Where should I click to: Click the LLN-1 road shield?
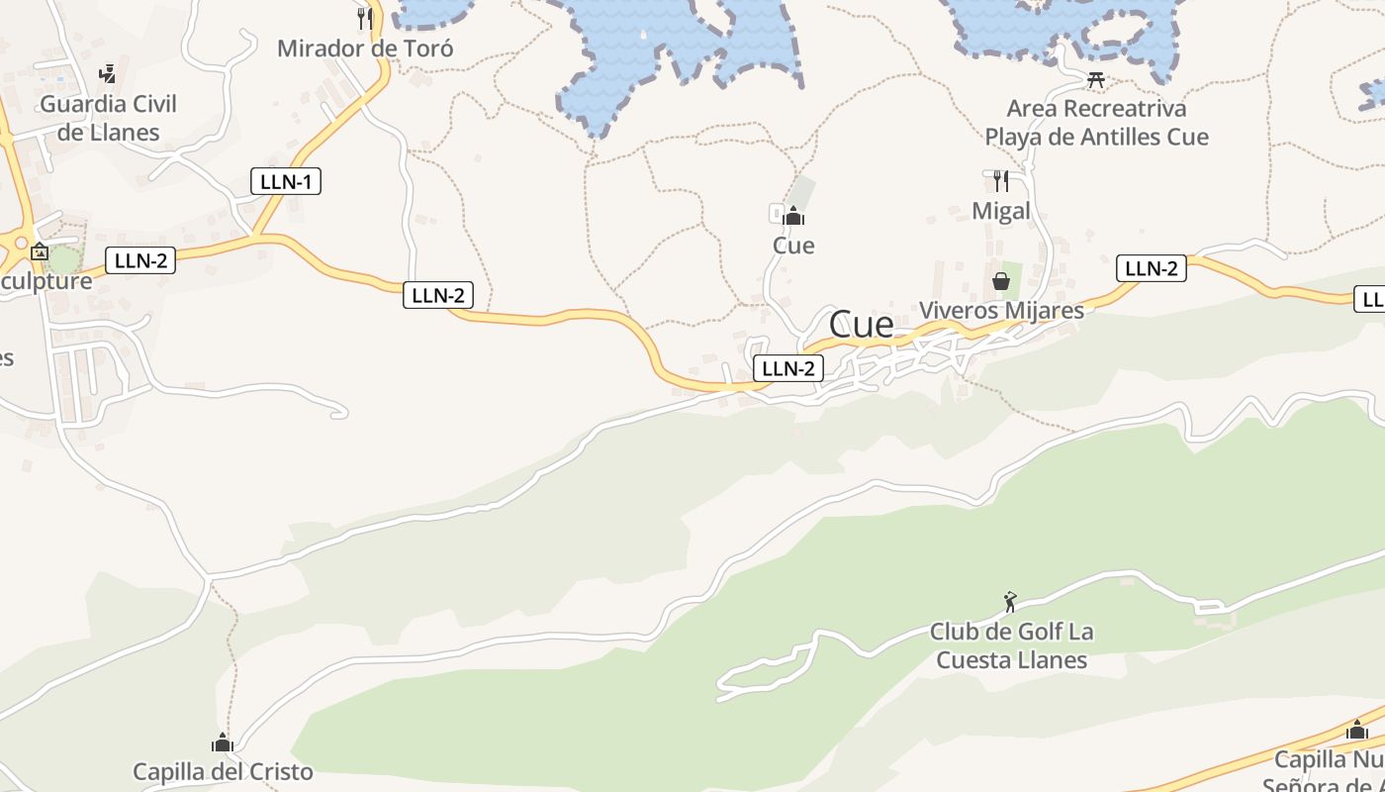[286, 181]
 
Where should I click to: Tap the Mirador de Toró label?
[365, 48]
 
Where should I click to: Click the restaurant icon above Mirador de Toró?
[365, 17]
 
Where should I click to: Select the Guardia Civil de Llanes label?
[108, 118]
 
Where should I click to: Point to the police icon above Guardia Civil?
[108, 73]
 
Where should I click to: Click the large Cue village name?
[861, 324]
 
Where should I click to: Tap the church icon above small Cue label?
[793, 216]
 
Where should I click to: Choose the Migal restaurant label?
[1001, 210]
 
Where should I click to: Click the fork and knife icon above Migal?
[1001, 180]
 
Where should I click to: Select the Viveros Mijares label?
[1001, 310]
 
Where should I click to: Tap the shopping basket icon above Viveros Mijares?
[1001, 282]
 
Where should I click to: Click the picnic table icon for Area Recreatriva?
[1096, 79]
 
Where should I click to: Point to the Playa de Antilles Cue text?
[1096, 137]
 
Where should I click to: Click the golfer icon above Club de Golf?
[1009, 602]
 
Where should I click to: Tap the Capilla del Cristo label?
[223, 771]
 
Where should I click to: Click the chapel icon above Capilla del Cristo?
[223, 742]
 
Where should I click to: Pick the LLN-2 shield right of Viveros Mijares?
[1152, 267]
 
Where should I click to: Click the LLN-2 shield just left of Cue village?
[788, 368]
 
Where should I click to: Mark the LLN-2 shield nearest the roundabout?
[140, 260]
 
